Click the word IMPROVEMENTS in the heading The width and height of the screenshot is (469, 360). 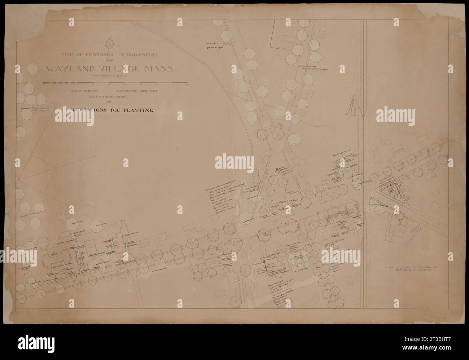point(140,55)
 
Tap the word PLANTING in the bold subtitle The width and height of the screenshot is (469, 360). point(136,110)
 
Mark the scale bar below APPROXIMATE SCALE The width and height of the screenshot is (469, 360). point(115,83)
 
